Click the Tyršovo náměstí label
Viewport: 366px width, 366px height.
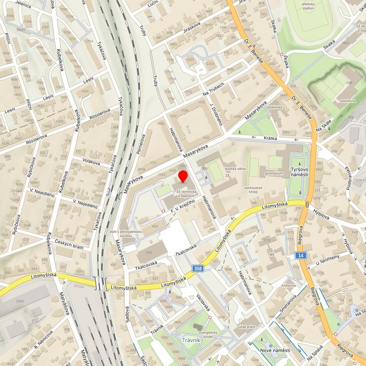[299, 171]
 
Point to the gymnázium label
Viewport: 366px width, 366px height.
[273, 173]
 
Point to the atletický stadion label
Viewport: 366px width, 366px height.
[308, 6]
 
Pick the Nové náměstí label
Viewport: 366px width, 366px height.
[275, 351]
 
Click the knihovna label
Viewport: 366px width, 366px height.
[289, 285]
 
